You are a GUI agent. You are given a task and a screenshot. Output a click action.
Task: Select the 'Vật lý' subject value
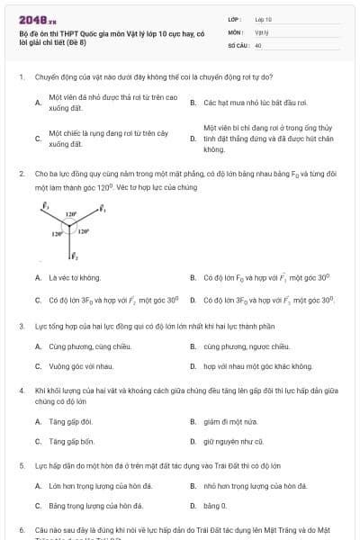(262, 31)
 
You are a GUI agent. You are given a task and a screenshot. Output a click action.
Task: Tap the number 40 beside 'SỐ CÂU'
(258, 44)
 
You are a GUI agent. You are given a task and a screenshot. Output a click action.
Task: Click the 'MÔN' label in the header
(235, 31)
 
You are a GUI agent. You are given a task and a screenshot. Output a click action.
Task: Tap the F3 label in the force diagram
(45, 206)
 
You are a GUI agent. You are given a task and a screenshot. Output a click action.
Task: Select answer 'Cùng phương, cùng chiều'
(80, 346)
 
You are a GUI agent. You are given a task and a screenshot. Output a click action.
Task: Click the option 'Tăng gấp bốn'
(71, 442)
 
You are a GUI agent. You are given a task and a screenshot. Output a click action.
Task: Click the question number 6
(21, 530)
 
